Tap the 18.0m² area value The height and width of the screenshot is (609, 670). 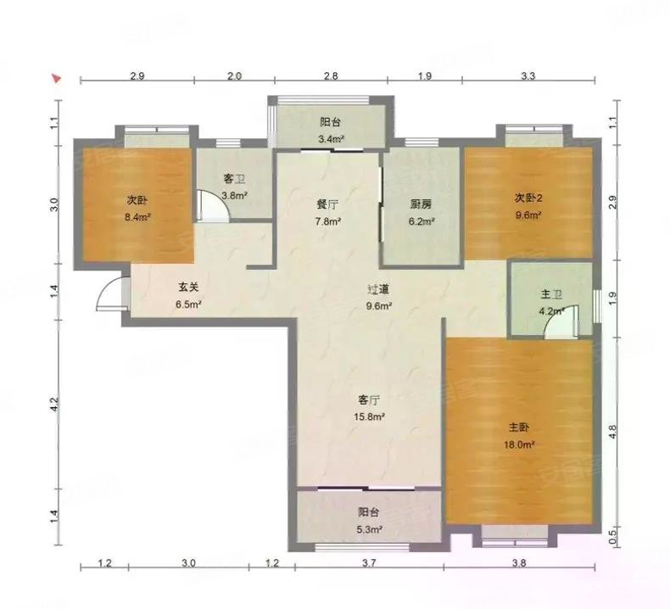[520, 444]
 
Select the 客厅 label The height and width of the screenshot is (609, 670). [368, 399]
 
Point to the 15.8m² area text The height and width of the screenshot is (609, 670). [368, 416]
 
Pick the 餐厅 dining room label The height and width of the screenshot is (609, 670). [328, 204]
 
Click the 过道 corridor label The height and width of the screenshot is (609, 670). [377, 289]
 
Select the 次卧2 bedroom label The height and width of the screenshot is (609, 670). [528, 198]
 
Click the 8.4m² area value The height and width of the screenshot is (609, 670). [137, 217]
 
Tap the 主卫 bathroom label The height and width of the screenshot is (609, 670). [552, 295]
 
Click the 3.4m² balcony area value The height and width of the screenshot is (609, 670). [330, 139]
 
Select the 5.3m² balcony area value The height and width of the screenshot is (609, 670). [369, 530]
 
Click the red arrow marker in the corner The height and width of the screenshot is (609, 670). [57, 79]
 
